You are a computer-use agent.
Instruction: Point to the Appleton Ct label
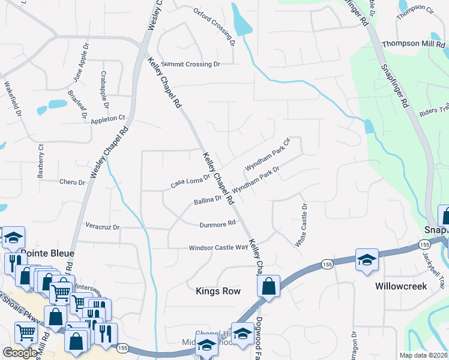107,118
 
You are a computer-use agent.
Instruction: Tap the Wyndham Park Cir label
268,154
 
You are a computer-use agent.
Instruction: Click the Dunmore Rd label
217,224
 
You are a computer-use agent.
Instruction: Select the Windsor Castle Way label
218,247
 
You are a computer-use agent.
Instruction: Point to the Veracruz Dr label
103,227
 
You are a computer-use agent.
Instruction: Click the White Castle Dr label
301,226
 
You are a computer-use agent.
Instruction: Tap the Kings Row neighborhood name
218,291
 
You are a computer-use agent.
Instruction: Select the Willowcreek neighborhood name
402,286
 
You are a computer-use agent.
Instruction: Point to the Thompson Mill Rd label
415,44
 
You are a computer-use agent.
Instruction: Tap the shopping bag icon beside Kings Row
269,286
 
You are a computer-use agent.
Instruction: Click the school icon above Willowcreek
366,260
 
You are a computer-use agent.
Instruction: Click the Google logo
20,353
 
